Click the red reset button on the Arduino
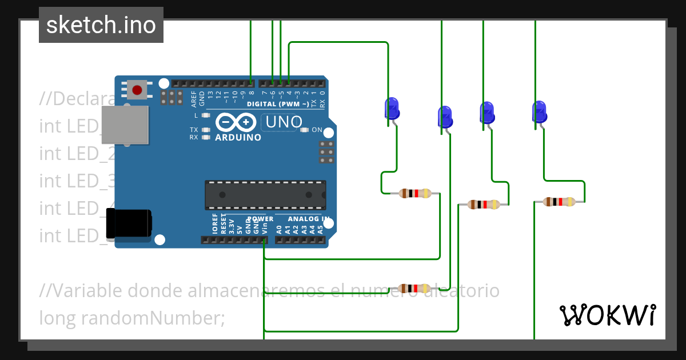(x=137, y=90)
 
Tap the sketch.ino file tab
(x=101, y=25)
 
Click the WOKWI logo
(x=607, y=315)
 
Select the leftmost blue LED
(x=392, y=109)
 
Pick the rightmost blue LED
(x=539, y=111)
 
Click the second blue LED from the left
(x=445, y=117)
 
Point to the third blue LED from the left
(x=487, y=113)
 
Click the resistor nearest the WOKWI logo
(x=414, y=289)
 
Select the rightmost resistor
(x=559, y=201)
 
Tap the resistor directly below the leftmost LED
(x=415, y=193)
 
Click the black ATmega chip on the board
(x=266, y=194)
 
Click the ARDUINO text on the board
(x=238, y=137)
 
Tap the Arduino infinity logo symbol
(x=236, y=122)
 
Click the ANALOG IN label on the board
(x=309, y=219)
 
